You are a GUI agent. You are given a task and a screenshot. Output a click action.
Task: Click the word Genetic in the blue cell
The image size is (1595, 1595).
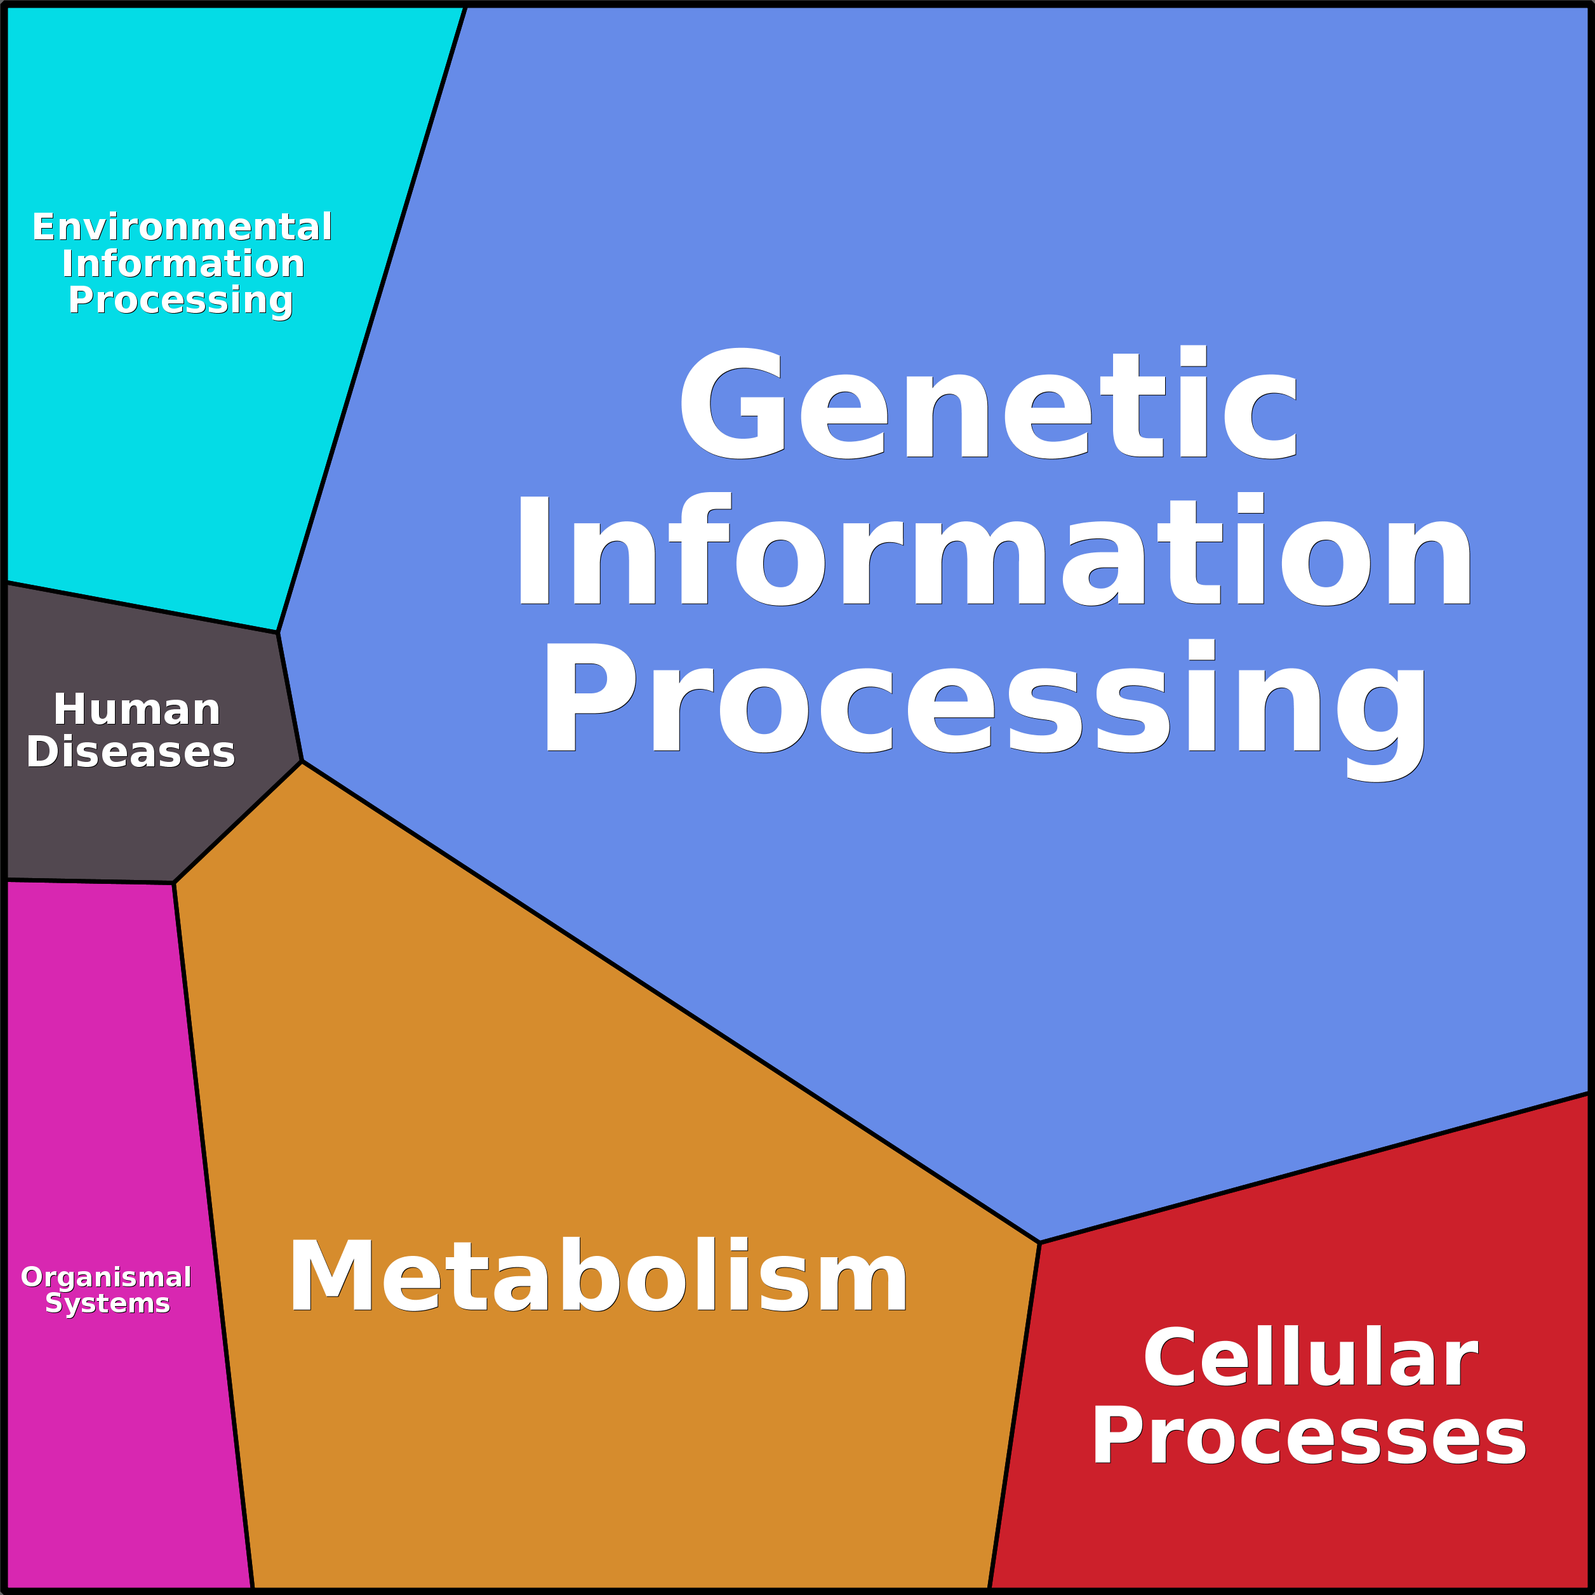[987, 404]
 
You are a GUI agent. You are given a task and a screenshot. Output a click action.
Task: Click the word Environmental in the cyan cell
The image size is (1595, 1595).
[182, 227]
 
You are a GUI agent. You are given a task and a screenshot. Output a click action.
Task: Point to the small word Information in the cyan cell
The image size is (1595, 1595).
[182, 264]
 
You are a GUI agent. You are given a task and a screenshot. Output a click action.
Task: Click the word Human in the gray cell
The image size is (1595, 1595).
[137, 710]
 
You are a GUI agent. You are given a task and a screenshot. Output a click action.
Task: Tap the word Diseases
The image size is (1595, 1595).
[130, 752]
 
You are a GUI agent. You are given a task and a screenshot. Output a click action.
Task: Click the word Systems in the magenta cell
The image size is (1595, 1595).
[107, 1304]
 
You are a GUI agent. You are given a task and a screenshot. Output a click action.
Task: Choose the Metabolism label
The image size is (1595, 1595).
[597, 1276]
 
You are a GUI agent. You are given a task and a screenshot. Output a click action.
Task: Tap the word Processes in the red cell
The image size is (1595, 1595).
[1309, 1438]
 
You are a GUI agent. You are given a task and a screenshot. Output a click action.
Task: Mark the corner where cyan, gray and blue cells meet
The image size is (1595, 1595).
[277, 633]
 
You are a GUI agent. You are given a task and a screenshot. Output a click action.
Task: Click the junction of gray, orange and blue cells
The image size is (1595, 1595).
[302, 761]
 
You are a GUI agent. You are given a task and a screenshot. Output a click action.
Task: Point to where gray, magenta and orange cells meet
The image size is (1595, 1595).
[173, 883]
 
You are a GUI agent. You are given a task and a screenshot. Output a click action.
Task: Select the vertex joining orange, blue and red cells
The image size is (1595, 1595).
[1039, 1243]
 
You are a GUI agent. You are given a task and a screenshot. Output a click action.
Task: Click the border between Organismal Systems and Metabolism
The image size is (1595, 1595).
[213, 1238]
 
